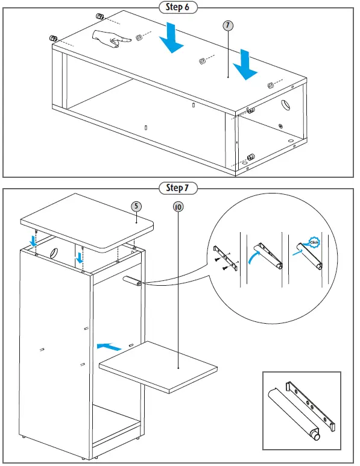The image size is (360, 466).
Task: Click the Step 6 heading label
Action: tap(178, 7)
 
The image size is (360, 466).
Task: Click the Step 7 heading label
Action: tap(178, 188)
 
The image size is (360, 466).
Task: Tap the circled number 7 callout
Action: tap(228, 25)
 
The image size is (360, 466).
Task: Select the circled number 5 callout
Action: tap(136, 207)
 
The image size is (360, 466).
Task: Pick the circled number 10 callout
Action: tap(178, 207)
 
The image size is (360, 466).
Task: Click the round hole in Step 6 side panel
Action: tap(285, 104)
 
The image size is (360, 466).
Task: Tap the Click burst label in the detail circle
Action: tap(314, 242)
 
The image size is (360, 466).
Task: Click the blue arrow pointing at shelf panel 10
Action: tap(109, 347)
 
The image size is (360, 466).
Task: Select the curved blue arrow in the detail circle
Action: tap(253, 256)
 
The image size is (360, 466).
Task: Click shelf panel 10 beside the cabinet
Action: tap(158, 366)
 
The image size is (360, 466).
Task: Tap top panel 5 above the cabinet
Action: tap(87, 222)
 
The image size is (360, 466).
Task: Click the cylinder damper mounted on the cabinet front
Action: tap(132, 281)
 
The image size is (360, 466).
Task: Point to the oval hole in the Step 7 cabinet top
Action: tap(54, 253)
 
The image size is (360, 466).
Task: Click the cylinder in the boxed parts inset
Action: tap(294, 414)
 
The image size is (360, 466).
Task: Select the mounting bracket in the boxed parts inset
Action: tap(311, 406)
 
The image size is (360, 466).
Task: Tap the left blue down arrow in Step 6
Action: tap(171, 38)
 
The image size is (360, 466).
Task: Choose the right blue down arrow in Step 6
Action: tap(245, 65)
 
